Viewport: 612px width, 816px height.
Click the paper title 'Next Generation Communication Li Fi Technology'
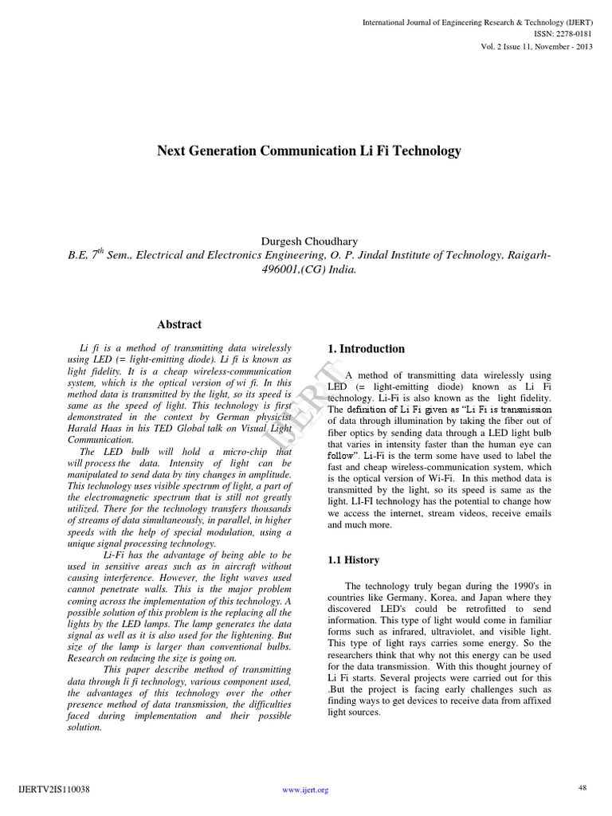[x=309, y=150]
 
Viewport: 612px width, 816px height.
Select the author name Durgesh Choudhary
[x=308, y=241]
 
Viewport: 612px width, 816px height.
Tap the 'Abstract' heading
[x=179, y=324]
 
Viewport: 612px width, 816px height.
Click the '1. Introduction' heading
[x=367, y=349]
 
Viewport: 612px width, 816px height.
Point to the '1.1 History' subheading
[x=354, y=560]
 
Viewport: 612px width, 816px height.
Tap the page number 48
[x=583, y=787]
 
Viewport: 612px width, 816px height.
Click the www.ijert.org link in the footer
[x=306, y=790]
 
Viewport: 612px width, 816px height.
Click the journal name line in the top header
[x=477, y=22]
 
